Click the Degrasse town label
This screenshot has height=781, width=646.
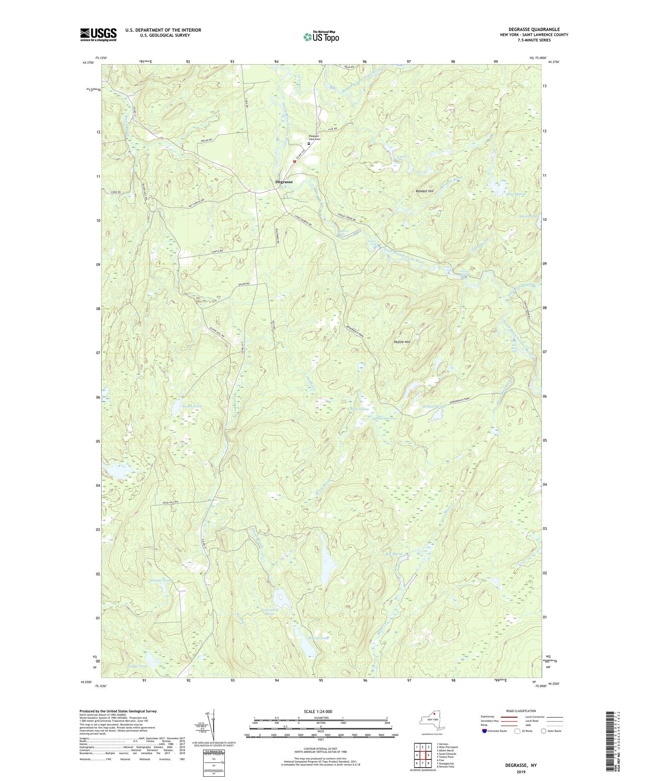[x=284, y=182]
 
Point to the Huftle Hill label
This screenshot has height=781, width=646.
[x=402, y=342]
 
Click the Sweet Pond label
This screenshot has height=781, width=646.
[x=192, y=406]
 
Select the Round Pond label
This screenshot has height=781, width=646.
[x=319, y=638]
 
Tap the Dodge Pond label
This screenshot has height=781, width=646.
[x=137, y=666]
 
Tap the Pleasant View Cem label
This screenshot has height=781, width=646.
[x=314, y=137]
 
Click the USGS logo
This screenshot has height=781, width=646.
[x=98, y=34]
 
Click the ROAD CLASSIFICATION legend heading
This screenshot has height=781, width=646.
[x=521, y=711]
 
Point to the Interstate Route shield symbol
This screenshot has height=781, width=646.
[x=484, y=731]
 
